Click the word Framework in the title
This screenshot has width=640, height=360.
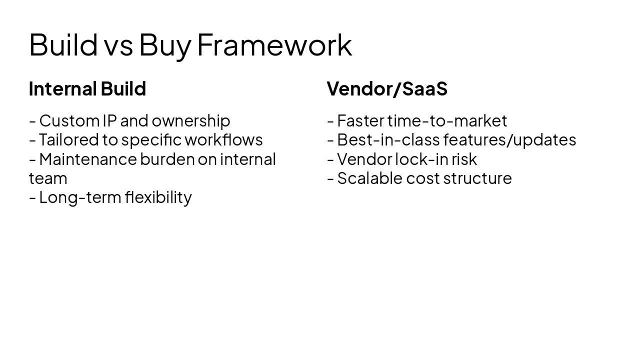tap(274, 45)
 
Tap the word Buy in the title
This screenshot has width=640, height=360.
tap(164, 45)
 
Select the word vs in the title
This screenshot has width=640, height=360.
tap(118, 46)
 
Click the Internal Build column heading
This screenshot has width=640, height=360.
tap(87, 89)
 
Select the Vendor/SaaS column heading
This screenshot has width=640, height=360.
tap(387, 89)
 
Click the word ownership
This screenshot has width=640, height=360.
tap(190, 121)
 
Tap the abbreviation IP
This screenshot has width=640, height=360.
tap(109, 121)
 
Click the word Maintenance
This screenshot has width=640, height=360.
tap(87, 159)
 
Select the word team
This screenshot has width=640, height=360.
tap(48, 178)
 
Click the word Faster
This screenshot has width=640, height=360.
tap(360, 121)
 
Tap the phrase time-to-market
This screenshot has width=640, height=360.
tap(447, 121)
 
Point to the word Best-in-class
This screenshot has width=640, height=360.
tap(388, 140)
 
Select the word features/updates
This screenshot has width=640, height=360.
tap(509, 140)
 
